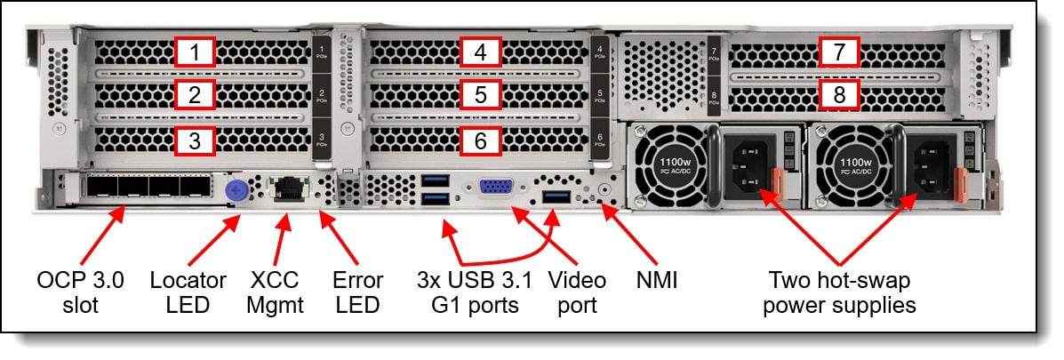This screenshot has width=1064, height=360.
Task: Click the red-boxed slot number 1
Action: point(196,52)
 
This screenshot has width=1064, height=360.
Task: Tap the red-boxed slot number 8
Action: point(838,93)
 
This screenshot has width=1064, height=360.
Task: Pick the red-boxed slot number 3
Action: point(196,140)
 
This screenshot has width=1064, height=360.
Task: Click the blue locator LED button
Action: point(237,188)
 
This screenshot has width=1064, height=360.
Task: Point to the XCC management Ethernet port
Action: point(287,188)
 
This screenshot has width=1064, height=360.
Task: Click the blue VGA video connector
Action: point(494,188)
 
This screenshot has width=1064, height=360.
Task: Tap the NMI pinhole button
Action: point(606,189)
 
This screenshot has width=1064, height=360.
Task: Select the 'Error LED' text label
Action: point(359,292)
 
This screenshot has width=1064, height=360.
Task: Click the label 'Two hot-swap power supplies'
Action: point(841,292)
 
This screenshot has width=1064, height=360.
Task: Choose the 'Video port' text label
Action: point(576,292)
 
